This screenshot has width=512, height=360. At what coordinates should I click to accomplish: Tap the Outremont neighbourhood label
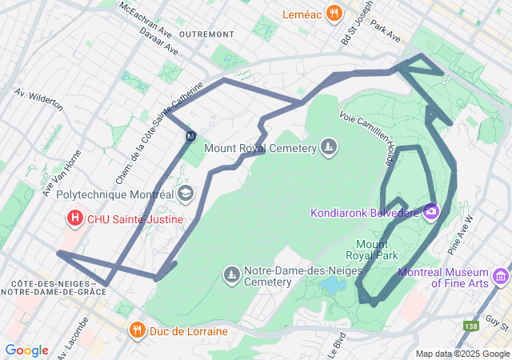pyautogui.click(x=207, y=34)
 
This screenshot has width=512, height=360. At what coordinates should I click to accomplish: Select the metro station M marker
pyautogui.click(x=190, y=136)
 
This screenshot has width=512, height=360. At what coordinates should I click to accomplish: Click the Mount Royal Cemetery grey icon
pyautogui.click(x=328, y=147)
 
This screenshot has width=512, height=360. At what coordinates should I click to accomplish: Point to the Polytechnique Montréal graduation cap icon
pyautogui.click(x=186, y=194)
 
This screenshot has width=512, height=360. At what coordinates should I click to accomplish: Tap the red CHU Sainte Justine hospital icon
pyautogui.click(x=75, y=218)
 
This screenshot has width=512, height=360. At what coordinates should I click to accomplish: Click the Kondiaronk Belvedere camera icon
pyautogui.click(x=431, y=212)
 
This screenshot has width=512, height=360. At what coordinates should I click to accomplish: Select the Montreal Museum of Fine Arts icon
pyautogui.click(x=502, y=277)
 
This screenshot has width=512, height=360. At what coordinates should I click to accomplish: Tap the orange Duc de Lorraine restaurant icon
pyautogui.click(x=138, y=330)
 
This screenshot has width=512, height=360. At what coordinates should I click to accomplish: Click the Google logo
pyautogui.click(x=26, y=350)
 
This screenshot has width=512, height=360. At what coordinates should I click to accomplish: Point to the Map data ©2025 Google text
pyautogui.click(x=462, y=354)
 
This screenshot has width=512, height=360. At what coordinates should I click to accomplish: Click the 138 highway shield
pyautogui.click(x=470, y=326)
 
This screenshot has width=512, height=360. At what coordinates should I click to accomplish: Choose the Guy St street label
pyautogui.click(x=497, y=322)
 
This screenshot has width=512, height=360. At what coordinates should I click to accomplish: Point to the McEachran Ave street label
pyautogui.click(x=144, y=19)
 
